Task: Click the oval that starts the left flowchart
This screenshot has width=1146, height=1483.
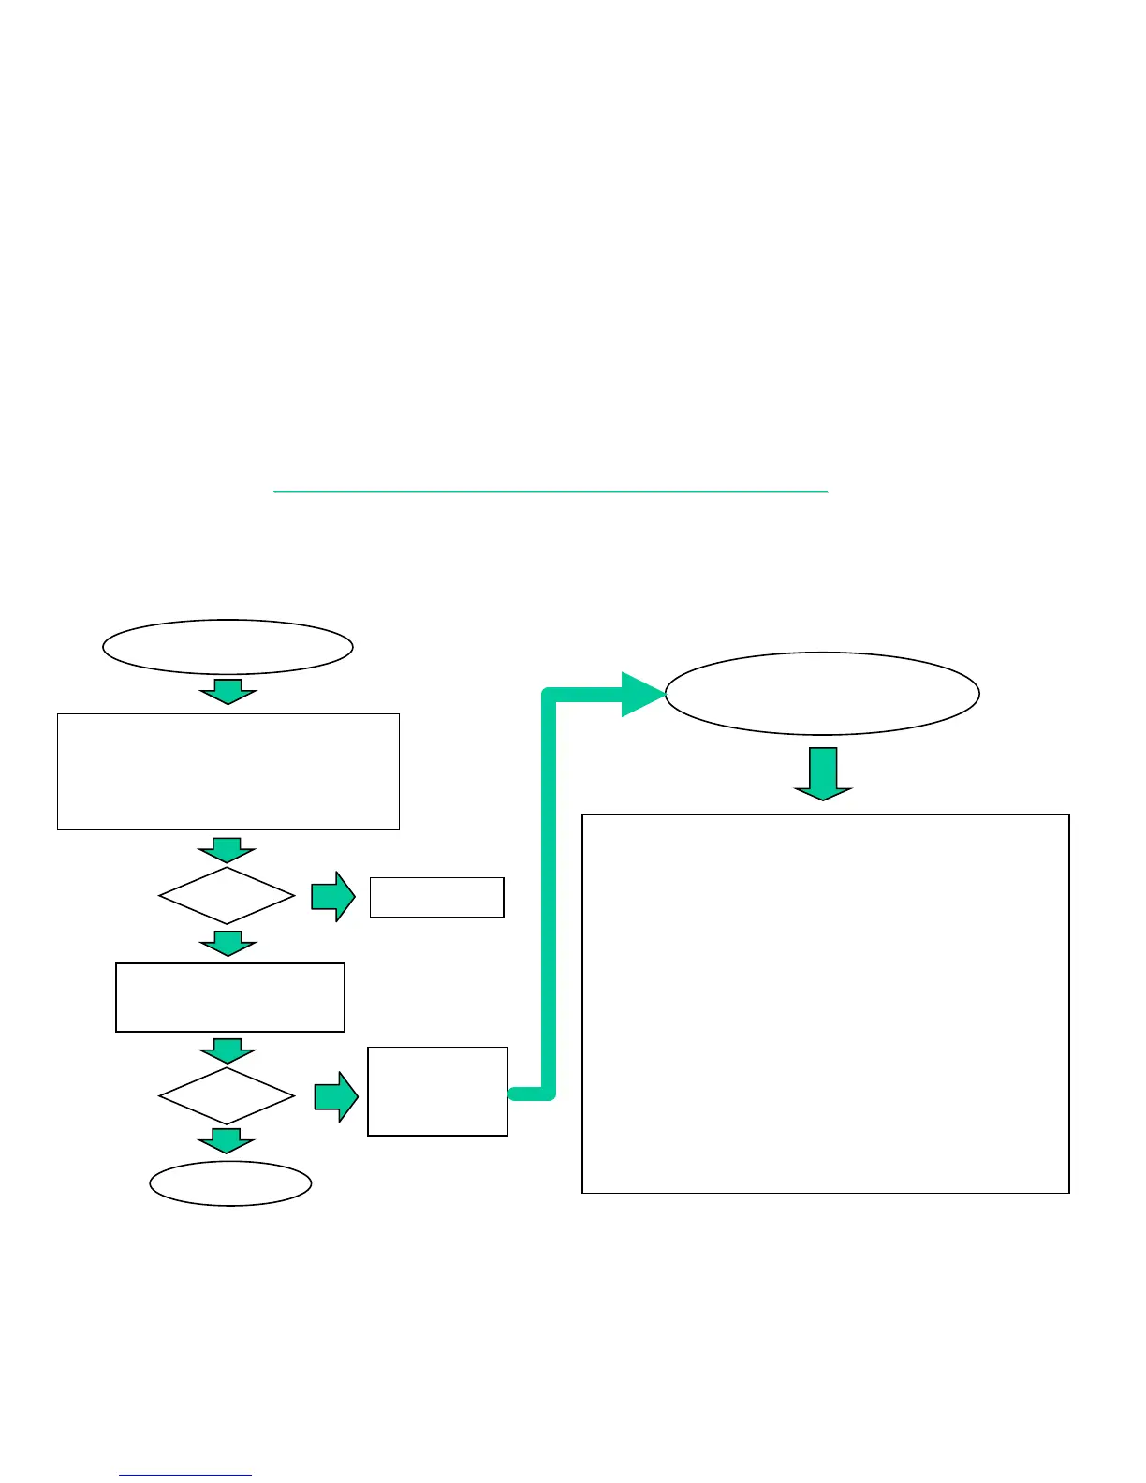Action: coord(228,646)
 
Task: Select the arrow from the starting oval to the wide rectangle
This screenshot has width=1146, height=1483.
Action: coord(228,691)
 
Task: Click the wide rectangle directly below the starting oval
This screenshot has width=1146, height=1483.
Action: coord(228,771)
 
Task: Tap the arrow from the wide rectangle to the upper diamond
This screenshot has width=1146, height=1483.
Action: coord(227,850)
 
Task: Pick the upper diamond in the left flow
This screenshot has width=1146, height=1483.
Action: coord(227,896)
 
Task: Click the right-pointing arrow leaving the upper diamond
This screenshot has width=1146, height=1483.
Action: coord(333,897)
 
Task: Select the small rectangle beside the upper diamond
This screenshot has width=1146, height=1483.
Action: coord(437,897)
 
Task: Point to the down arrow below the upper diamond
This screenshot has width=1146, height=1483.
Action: coord(227,943)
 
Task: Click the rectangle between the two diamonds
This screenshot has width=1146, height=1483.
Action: coord(229,997)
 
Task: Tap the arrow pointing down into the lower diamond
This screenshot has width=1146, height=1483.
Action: coord(227,1050)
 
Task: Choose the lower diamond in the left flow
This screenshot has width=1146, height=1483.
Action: coord(227,1095)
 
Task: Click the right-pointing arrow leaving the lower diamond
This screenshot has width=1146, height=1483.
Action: coord(335,1096)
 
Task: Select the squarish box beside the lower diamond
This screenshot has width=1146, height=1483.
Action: coord(437,1092)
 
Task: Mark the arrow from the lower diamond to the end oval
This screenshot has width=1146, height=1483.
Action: coord(227,1140)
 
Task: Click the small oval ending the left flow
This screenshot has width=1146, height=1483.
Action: coord(230,1183)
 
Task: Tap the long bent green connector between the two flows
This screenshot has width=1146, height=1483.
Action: coord(550,889)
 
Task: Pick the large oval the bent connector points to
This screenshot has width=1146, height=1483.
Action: coord(822,694)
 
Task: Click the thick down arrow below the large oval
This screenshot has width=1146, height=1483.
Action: coord(823,773)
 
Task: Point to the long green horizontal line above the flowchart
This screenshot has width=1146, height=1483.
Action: coord(551,491)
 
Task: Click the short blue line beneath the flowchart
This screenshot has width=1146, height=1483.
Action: coord(185,1475)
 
